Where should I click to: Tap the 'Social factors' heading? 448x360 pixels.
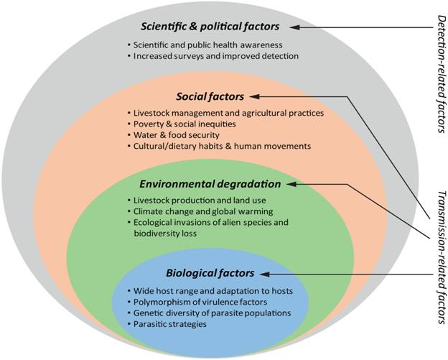tap(210, 96)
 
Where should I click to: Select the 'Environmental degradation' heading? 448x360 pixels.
tap(210, 183)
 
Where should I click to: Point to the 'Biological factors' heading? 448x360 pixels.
tap(210, 273)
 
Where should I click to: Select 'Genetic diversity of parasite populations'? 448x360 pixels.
tap(212, 313)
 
